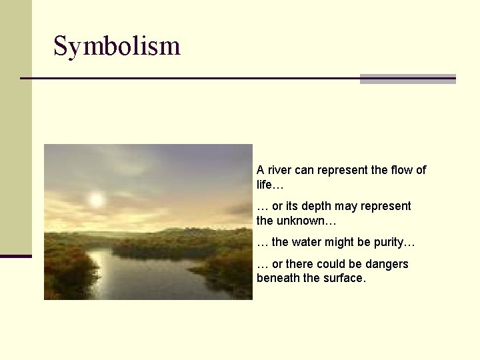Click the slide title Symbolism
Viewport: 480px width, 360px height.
click(x=117, y=46)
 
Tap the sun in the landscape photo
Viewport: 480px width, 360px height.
click(x=96, y=199)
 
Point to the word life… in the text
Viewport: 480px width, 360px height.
click(x=270, y=184)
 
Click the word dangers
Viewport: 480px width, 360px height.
click(x=386, y=265)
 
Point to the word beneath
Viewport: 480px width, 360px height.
click(x=278, y=279)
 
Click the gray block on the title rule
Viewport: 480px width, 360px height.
click(x=407, y=79)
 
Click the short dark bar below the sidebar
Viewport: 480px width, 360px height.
click(x=15, y=256)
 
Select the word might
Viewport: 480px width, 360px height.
click(x=345, y=242)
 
